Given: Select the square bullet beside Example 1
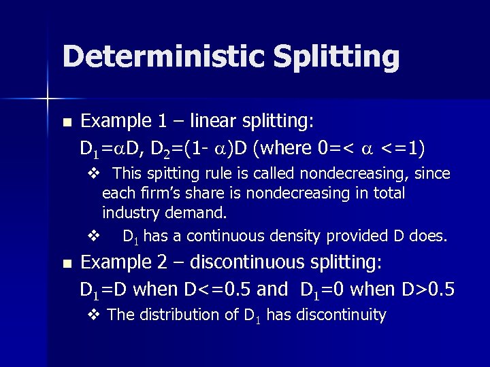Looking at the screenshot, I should point(66,123).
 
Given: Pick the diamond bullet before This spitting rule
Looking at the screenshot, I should point(93,174).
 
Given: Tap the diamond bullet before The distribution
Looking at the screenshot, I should point(93,315).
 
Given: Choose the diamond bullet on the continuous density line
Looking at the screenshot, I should point(93,237).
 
